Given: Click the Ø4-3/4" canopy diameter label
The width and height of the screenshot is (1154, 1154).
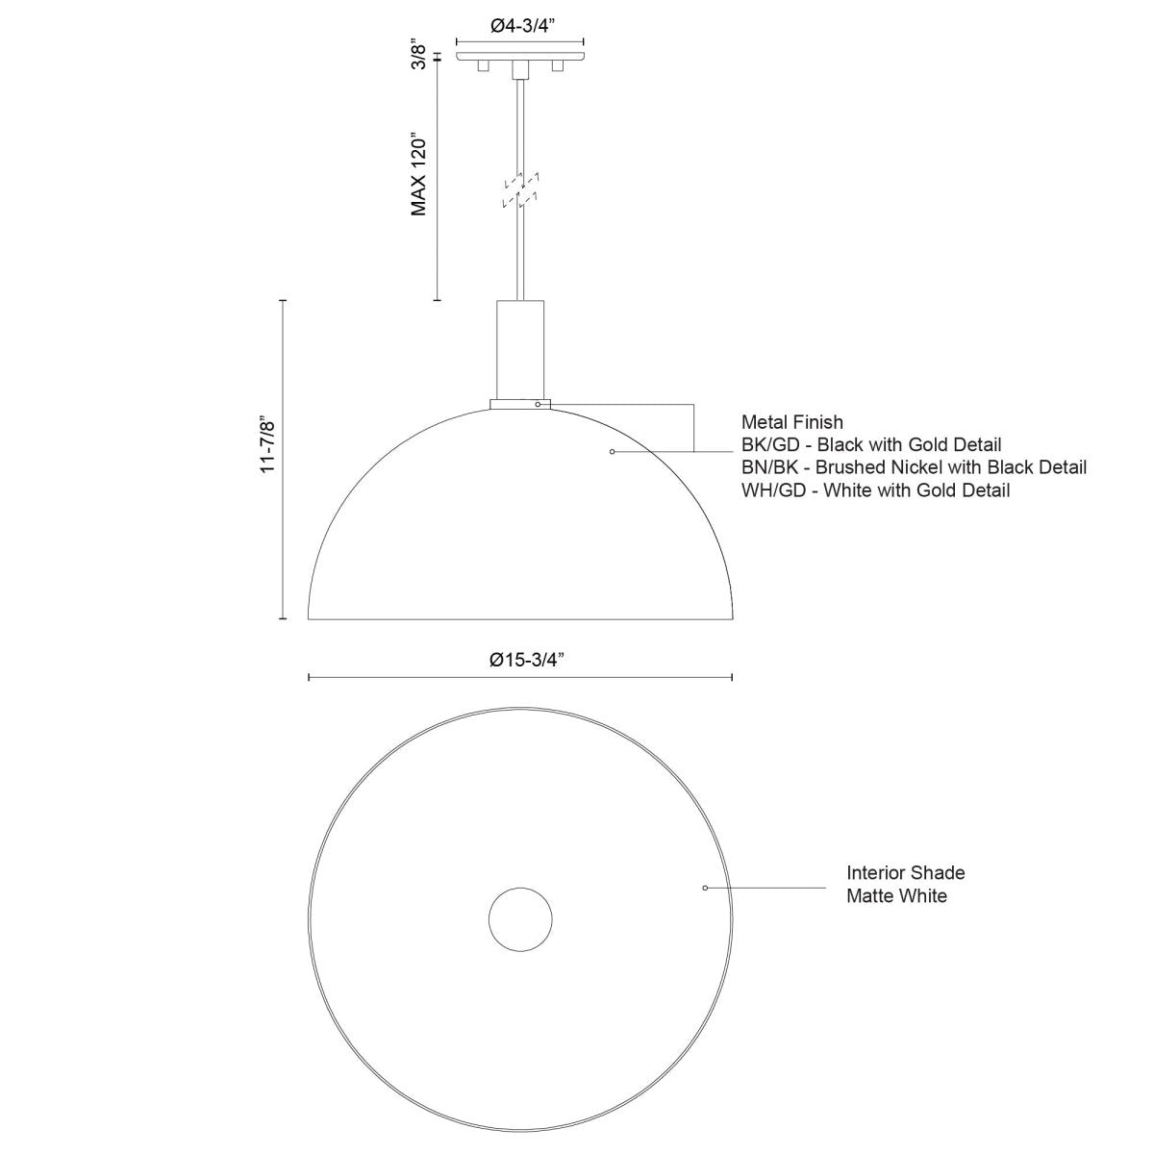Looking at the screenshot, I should [x=519, y=27].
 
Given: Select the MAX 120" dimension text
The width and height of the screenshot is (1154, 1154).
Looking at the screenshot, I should [x=418, y=173].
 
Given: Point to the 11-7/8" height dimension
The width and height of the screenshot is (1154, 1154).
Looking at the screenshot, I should [x=268, y=443].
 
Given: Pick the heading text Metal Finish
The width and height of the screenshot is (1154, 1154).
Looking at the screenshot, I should [x=791, y=422].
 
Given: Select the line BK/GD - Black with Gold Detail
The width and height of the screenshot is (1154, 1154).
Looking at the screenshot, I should [x=871, y=445].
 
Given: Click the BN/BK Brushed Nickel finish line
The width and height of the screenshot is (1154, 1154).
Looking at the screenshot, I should [x=914, y=468].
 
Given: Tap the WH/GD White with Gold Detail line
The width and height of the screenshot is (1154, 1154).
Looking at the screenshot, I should [x=875, y=490].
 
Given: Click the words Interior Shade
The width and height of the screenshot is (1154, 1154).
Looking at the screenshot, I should [x=905, y=873].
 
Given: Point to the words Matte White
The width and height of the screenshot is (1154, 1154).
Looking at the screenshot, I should [x=896, y=896].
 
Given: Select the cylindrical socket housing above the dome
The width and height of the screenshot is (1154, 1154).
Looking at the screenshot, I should [x=520, y=350].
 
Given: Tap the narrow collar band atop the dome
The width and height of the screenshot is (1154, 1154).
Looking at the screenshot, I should [x=520, y=405].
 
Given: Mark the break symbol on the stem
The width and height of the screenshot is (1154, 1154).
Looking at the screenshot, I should [x=520, y=189].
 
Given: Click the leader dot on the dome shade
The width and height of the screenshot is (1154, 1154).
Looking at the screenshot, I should [x=613, y=450].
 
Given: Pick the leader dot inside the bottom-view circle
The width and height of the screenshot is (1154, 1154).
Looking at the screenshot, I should [x=705, y=888].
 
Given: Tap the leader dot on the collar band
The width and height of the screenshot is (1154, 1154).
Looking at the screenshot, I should [x=538, y=405].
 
